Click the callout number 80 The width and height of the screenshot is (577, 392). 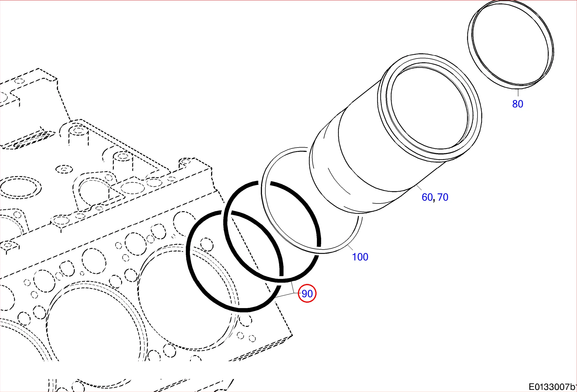pos(518,104)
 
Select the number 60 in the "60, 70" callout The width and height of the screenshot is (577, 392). pos(427,197)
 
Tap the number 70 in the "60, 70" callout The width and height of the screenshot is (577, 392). pos(443,197)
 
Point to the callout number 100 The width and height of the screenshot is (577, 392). pos(360,257)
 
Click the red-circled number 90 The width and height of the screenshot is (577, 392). pos(307,293)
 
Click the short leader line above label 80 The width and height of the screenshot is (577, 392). pos(518,93)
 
